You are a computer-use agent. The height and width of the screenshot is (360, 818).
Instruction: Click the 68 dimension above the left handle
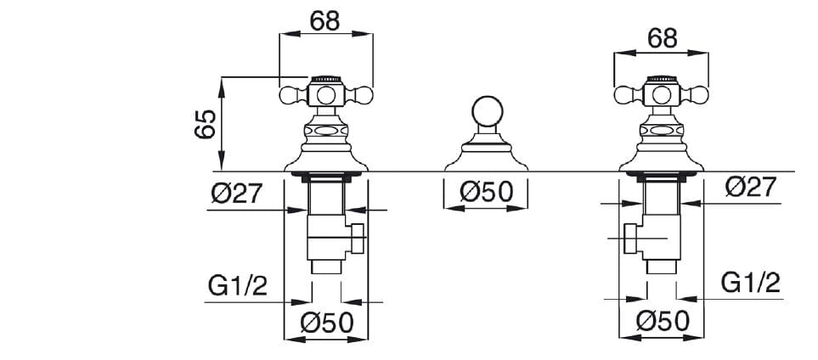(x=324, y=20)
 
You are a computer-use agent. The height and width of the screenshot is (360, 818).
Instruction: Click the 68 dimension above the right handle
(x=662, y=38)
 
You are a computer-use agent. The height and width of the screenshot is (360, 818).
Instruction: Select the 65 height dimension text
(x=205, y=124)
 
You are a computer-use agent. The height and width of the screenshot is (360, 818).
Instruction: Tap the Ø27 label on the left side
(x=236, y=194)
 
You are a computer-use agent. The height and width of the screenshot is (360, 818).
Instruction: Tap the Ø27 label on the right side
(x=751, y=187)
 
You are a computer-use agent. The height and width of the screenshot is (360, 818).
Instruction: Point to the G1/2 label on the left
(x=237, y=286)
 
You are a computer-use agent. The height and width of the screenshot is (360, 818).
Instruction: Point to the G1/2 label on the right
(x=750, y=283)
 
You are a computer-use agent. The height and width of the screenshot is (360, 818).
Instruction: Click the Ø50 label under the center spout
(x=486, y=192)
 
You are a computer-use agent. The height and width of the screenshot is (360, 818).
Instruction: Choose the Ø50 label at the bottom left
(x=326, y=323)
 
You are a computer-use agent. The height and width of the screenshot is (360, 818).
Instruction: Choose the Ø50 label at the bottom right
(x=663, y=321)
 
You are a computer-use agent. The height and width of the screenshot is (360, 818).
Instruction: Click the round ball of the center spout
(x=488, y=112)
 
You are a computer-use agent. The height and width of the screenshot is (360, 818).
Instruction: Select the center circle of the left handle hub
(x=325, y=95)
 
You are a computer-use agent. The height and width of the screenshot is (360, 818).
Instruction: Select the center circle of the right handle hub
(x=661, y=95)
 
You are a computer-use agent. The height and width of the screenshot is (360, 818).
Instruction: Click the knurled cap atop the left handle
(x=325, y=79)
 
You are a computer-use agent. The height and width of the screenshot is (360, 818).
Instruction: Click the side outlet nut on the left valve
(x=357, y=238)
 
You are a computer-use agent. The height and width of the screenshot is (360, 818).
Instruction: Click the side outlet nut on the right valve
(x=630, y=239)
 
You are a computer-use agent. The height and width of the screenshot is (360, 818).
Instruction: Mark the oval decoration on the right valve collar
(x=661, y=131)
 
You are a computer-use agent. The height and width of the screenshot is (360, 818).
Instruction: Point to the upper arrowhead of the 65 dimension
(x=221, y=83)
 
